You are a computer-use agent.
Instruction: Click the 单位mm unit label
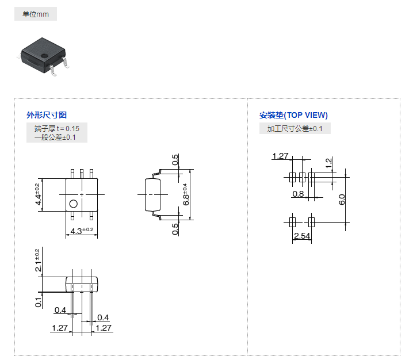[36, 14]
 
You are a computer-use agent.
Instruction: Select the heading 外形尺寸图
[47, 115]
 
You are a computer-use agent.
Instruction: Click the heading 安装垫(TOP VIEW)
[293, 115]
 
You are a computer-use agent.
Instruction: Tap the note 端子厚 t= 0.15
[56, 128]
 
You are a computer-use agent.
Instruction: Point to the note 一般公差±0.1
[55, 137]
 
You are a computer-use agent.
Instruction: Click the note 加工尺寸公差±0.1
[295, 129]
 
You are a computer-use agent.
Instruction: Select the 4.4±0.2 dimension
[38, 194]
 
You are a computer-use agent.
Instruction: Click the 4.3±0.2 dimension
[82, 231]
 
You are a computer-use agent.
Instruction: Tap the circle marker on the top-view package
[73, 204]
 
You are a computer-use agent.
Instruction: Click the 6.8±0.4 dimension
[185, 194]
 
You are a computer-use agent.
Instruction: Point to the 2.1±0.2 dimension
[38, 261]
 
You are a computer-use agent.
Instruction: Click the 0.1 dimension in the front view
[38, 301]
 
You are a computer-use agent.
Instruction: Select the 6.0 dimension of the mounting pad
[341, 200]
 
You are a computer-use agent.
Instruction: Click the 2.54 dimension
[302, 236]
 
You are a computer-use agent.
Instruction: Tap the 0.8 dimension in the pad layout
[298, 194]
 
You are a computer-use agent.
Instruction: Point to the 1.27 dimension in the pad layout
[280, 156]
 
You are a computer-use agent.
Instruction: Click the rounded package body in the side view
[152, 194]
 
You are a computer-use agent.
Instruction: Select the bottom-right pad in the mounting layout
[312, 221]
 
